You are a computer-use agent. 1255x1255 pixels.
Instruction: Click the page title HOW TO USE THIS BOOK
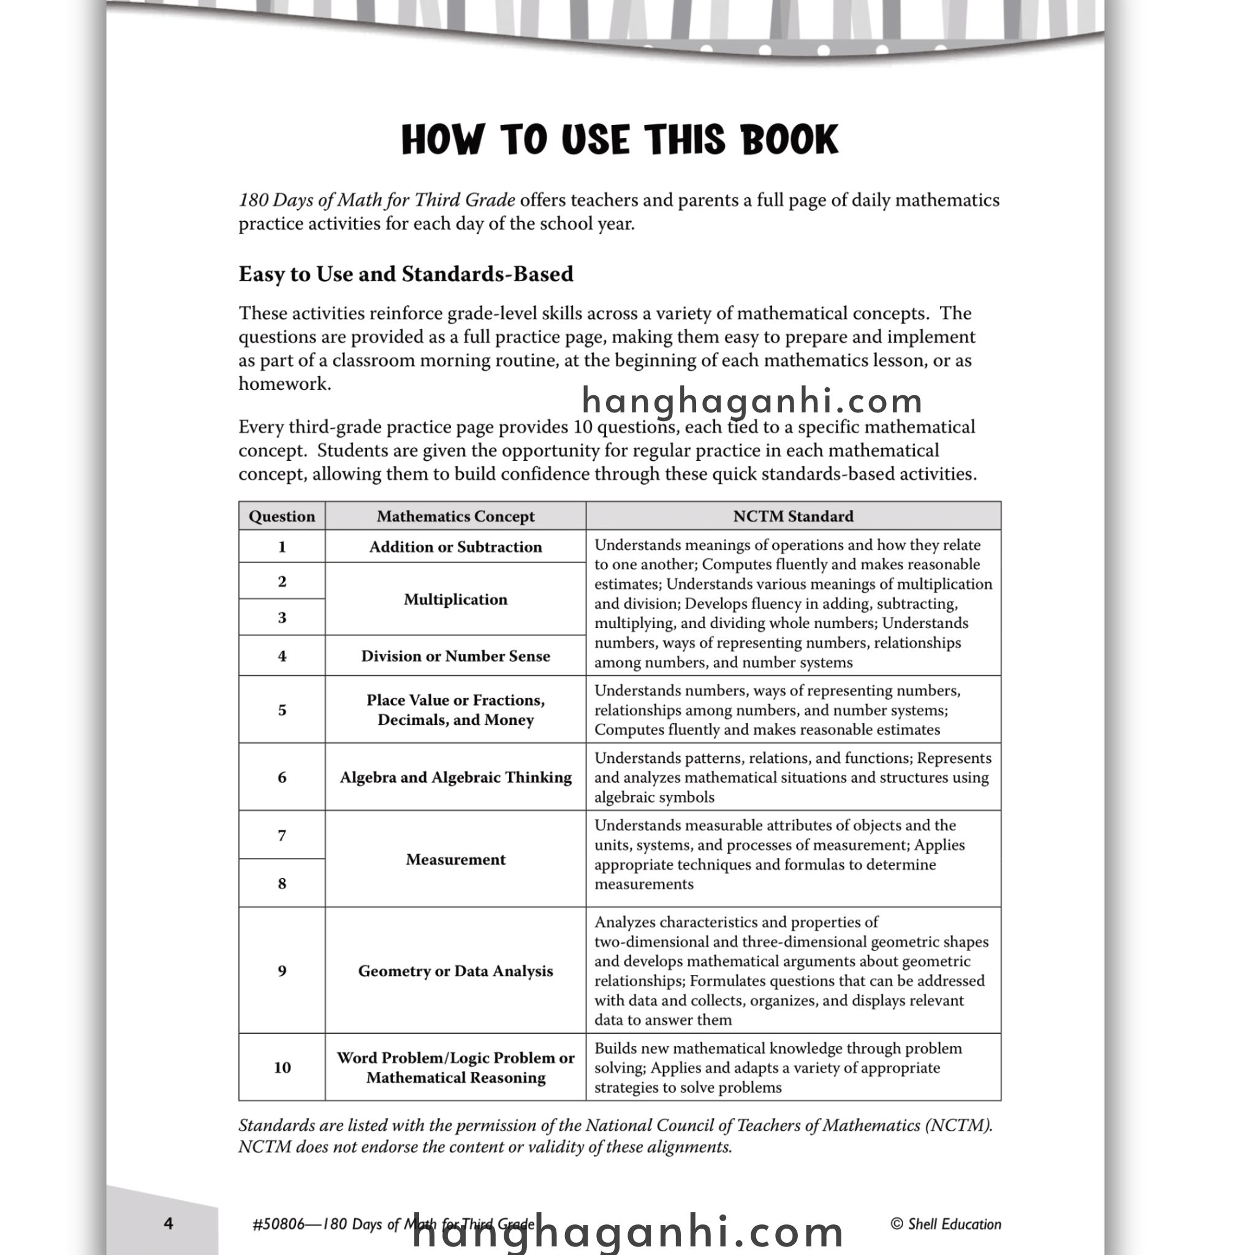(x=620, y=140)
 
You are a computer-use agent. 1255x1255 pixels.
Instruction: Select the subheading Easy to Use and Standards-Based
(x=405, y=274)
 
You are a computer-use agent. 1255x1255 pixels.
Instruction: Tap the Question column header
(x=281, y=517)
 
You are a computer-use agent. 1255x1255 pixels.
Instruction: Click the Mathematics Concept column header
(x=455, y=517)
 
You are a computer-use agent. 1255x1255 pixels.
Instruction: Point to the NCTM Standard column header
(x=792, y=517)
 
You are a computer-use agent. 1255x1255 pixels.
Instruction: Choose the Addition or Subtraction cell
(x=455, y=547)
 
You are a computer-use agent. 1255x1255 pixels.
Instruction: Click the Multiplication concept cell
(x=455, y=599)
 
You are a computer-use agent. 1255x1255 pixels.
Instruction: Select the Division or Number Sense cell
(x=455, y=656)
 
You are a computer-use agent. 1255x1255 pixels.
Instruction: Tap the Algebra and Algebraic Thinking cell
(x=455, y=778)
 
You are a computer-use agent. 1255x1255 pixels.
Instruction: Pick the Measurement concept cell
(x=455, y=859)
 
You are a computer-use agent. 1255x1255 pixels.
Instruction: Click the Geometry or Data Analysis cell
(x=455, y=971)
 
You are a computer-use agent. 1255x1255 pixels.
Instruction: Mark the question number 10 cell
(x=282, y=1067)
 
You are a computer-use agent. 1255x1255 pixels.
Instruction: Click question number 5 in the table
(x=282, y=710)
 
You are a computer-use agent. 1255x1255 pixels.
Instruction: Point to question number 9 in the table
(x=282, y=971)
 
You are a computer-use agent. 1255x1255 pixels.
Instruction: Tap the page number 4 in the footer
(x=169, y=1224)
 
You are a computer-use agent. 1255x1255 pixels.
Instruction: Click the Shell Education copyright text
(x=945, y=1224)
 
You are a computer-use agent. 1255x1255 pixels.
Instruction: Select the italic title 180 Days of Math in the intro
(x=377, y=200)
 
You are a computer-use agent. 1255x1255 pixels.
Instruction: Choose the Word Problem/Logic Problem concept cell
(x=455, y=1067)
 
